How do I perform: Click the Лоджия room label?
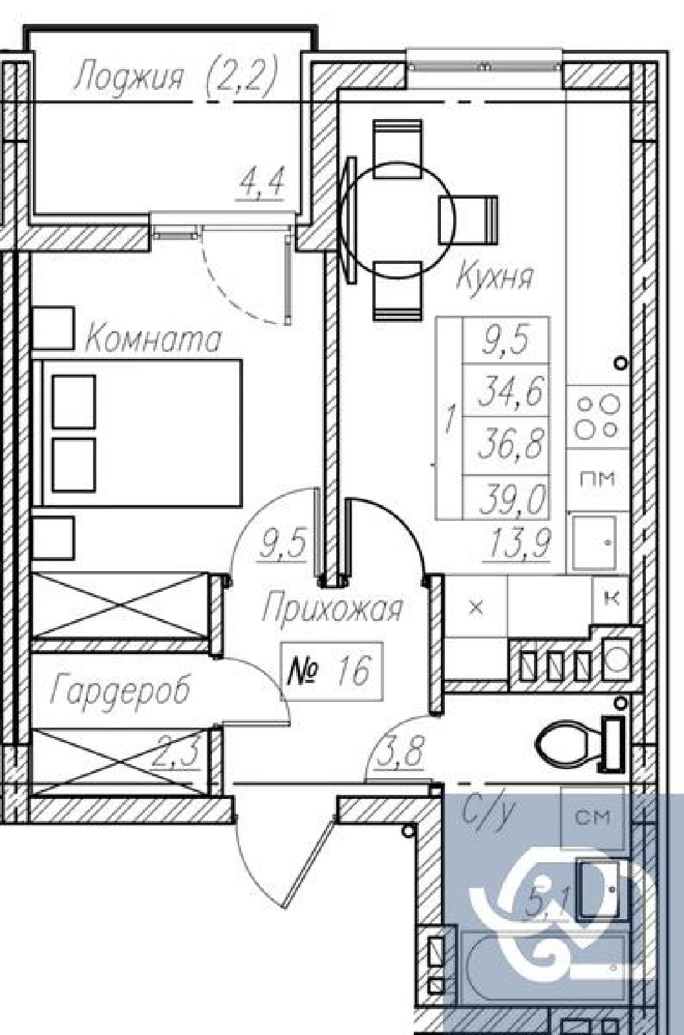point(129,77)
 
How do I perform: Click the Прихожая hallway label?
point(332,611)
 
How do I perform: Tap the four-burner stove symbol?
point(597,417)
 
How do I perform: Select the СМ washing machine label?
point(593,818)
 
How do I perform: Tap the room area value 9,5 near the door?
point(283,545)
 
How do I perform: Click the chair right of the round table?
point(468,219)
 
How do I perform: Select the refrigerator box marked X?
point(476,607)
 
